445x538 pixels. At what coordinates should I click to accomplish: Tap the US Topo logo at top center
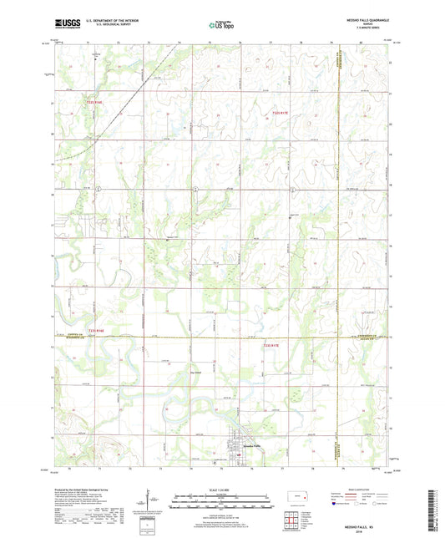click(x=220, y=27)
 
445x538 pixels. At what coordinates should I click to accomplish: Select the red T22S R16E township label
click(x=95, y=104)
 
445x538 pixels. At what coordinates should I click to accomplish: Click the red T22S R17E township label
click(x=285, y=113)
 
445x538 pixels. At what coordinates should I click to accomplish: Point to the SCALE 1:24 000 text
click(x=220, y=490)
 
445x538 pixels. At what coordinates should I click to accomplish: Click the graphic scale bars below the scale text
click(x=220, y=502)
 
